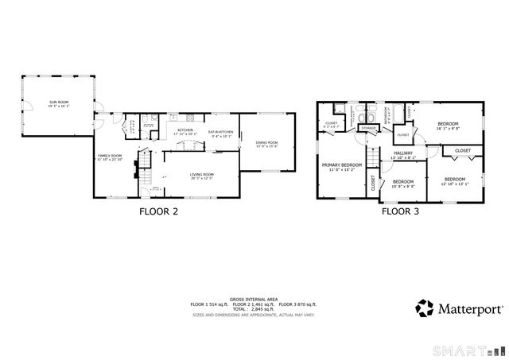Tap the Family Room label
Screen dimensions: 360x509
click(x=110, y=157)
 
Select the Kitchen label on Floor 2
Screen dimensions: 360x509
click(x=185, y=130)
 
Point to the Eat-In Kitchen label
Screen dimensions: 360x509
click(x=220, y=133)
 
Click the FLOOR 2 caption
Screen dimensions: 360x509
click(x=159, y=211)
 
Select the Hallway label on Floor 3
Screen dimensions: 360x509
click(x=402, y=153)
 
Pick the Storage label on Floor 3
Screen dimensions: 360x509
click(x=369, y=128)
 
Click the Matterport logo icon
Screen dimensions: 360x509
click(x=425, y=308)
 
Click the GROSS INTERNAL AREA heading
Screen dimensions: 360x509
click(x=253, y=298)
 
